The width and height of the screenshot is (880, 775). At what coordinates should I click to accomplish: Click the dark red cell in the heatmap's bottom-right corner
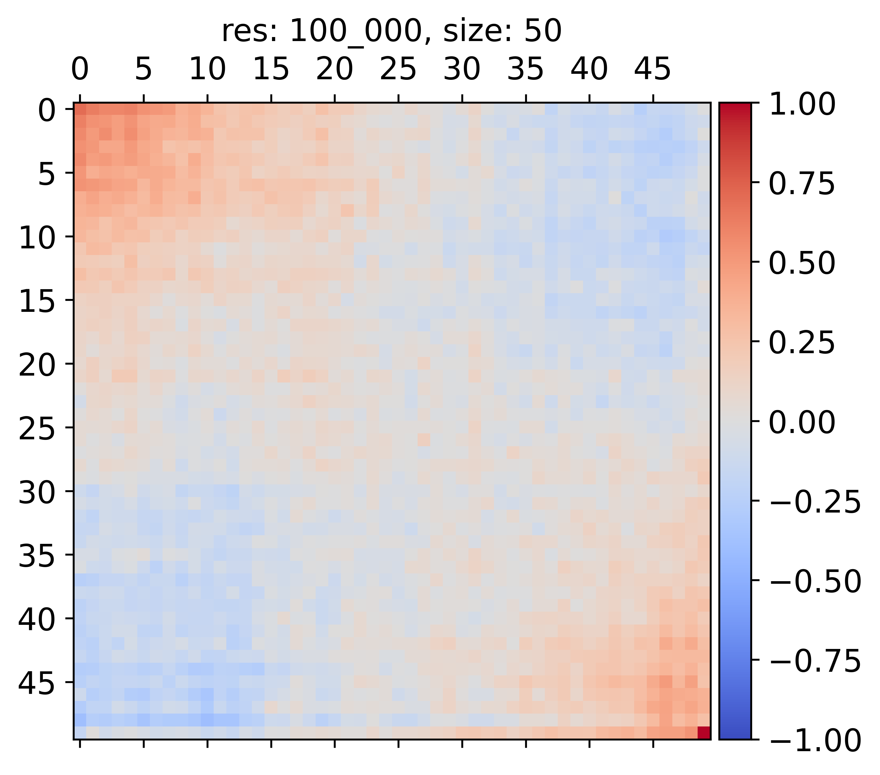[x=703, y=733]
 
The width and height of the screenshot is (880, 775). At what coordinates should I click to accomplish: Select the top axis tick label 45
[x=652, y=69]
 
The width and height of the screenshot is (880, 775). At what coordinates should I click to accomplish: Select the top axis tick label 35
[x=525, y=69]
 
